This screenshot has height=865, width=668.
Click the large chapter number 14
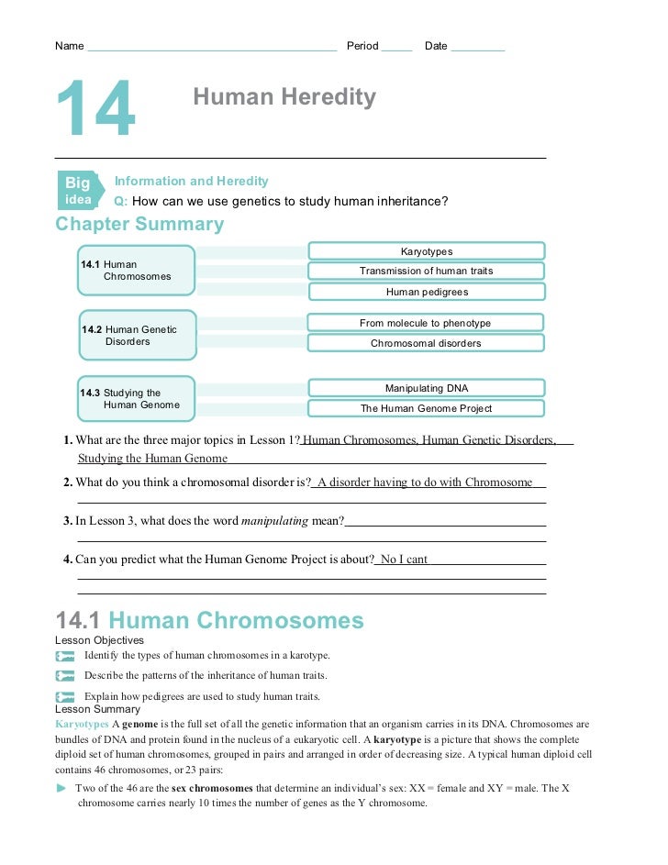(95, 111)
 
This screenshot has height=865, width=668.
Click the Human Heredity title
(284, 97)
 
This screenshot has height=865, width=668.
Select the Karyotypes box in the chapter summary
(426, 251)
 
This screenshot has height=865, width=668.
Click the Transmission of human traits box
(426, 272)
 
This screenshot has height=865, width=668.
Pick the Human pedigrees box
(426, 292)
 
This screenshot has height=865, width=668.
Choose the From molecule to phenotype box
(425, 323)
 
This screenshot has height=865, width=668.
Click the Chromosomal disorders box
(425, 343)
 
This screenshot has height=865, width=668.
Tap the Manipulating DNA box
(426, 388)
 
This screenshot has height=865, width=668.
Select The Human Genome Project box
(426, 408)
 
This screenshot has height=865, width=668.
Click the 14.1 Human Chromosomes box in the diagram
(136, 270)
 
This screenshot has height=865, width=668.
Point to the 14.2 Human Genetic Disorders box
(138, 336)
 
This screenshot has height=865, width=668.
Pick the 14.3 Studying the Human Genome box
(136, 399)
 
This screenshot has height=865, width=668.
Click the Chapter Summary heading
(139, 225)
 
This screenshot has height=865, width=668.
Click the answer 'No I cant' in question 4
(404, 560)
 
